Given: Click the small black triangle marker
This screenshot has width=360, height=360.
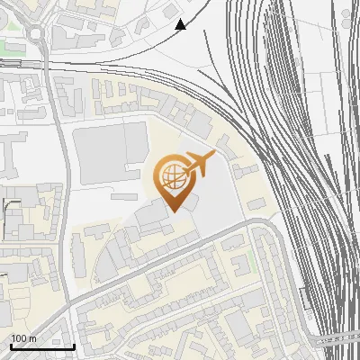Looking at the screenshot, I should coord(180,24).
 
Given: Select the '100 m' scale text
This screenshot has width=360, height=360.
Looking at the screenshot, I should coord(24,338).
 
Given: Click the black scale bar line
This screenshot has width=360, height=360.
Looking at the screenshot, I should coord(42,346).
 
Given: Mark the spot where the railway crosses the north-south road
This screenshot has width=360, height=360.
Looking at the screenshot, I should coord(53,68).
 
